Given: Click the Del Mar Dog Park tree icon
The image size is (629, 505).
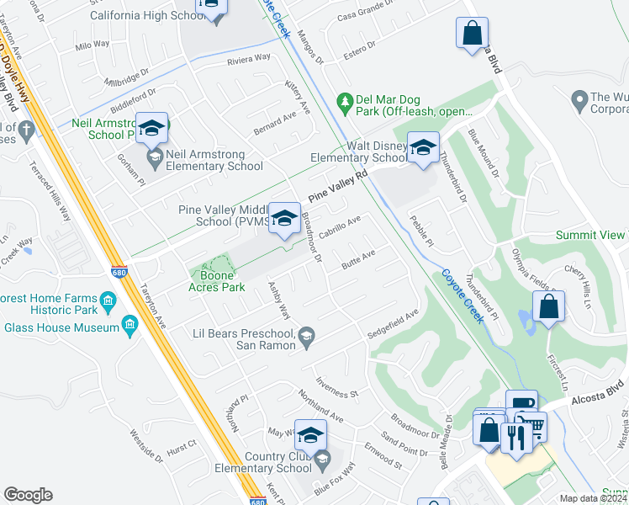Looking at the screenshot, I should tap(344, 102).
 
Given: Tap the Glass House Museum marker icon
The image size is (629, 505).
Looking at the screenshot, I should tap(129, 326).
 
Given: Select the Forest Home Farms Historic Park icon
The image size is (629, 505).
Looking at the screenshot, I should tap(107, 300).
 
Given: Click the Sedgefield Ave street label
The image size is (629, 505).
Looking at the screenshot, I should tap(393, 327).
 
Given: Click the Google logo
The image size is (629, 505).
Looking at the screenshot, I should tap(28, 495).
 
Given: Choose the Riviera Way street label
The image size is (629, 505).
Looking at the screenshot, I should tap(247, 60).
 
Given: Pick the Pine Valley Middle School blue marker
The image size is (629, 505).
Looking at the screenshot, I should tap(284, 217).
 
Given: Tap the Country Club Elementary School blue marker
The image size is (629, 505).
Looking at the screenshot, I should tap(310, 434).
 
